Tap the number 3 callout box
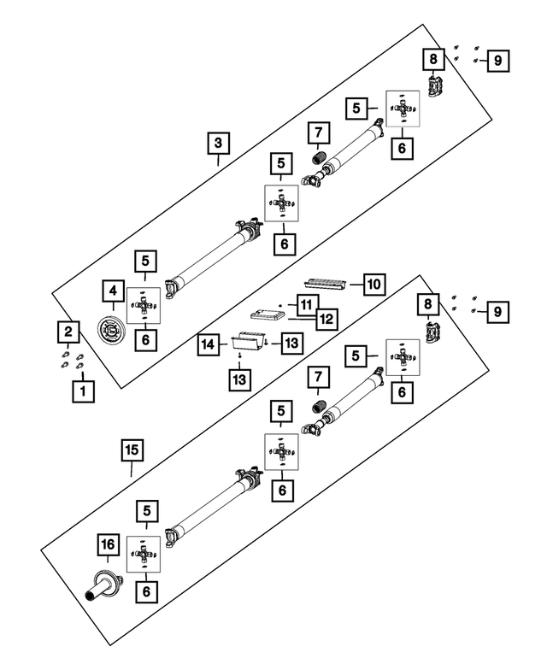coord(219,143)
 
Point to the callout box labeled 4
coord(111,291)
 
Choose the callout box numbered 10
coord(374,283)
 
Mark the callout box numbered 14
coord(207,344)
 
